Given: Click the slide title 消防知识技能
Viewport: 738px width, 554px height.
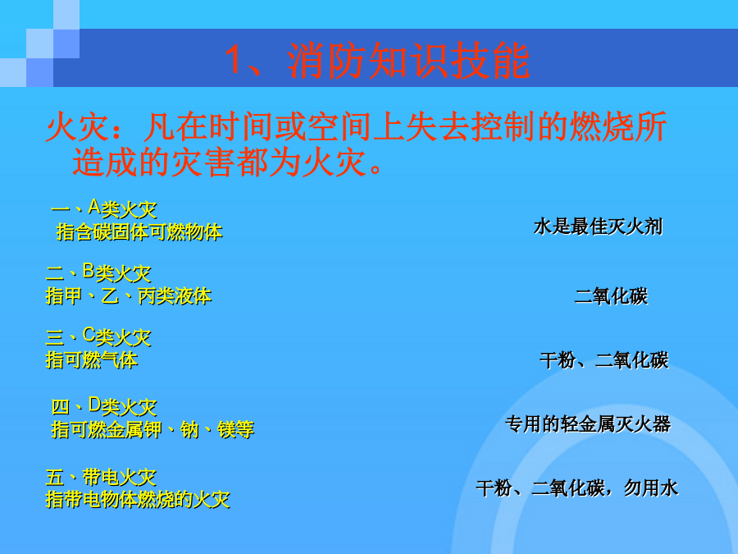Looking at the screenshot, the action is (408, 61).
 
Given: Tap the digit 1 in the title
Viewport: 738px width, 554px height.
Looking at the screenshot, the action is (234, 60).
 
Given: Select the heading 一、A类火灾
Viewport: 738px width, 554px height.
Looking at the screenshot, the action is (103, 208).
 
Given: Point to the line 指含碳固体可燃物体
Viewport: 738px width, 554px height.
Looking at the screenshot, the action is (139, 231).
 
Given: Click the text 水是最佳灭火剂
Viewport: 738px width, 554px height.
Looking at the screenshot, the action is (599, 227).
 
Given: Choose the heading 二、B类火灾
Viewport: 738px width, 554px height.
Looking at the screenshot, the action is (98, 272).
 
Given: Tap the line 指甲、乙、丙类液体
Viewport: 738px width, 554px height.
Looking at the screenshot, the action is (129, 295).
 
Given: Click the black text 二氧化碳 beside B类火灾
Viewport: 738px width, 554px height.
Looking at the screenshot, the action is (611, 296).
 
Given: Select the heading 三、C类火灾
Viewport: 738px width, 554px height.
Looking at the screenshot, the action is (98, 337).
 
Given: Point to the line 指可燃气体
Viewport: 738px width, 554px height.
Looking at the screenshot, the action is (91, 360).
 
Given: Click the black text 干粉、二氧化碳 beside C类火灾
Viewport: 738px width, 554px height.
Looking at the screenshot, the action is (604, 360).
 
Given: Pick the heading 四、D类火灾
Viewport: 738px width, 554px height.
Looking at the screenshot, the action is (103, 406).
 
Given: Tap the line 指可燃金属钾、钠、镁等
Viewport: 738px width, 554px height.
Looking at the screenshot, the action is (153, 429).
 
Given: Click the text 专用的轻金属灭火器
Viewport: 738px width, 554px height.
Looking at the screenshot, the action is (588, 424).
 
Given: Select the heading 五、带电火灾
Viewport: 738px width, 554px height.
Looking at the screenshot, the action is (101, 477).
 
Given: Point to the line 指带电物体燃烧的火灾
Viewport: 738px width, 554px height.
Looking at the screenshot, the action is (138, 499).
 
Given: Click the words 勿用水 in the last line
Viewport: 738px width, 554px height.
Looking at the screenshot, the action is (651, 488).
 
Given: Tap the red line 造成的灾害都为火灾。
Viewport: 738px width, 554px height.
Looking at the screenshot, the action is (228, 163).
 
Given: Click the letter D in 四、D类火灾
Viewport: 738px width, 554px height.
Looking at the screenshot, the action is (94, 404).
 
